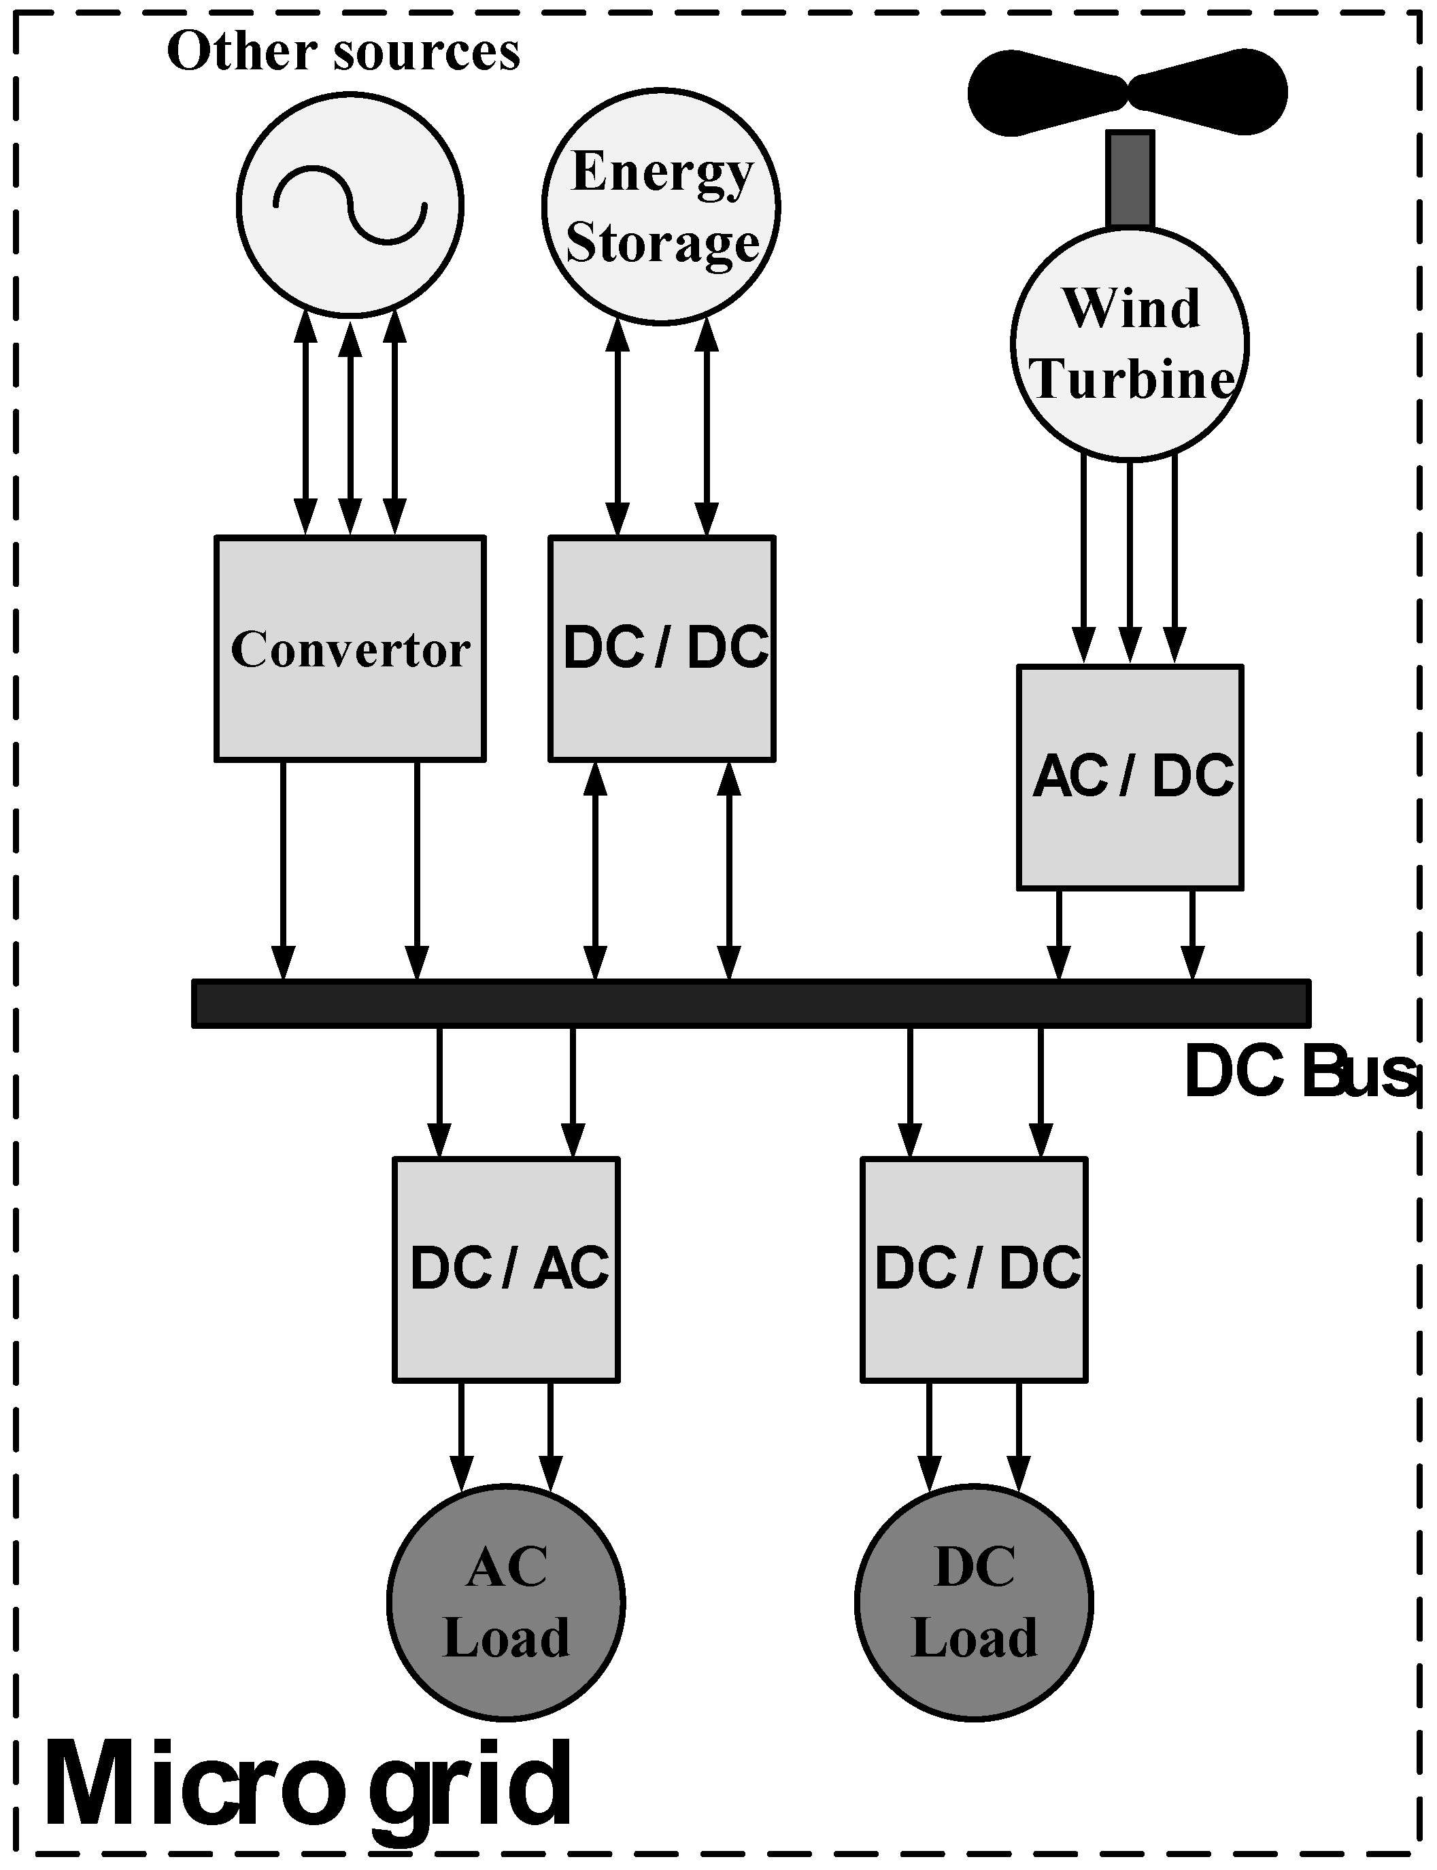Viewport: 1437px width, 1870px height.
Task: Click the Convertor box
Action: tap(350, 648)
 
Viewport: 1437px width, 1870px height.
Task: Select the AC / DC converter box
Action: tap(1130, 777)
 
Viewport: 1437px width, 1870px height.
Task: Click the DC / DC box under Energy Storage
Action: tap(661, 648)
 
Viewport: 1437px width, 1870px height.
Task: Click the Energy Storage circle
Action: tap(660, 206)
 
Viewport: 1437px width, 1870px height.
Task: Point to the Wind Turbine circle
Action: tap(1130, 343)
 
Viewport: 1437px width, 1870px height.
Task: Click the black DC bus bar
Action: tap(751, 1003)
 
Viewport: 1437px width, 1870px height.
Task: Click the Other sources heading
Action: tap(343, 51)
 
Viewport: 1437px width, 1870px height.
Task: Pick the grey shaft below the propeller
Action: tap(1130, 178)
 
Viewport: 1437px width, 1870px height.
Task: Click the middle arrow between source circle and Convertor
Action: tap(350, 428)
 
